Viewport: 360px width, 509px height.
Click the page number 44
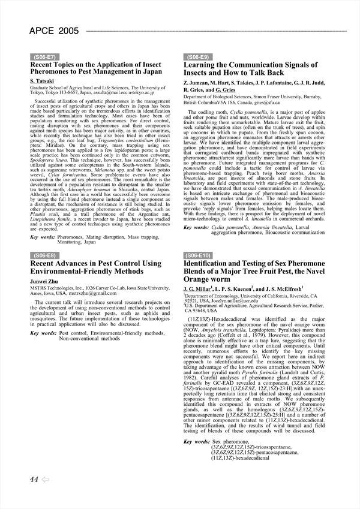click(34, 479)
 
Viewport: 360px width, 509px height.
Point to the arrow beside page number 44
click(46, 479)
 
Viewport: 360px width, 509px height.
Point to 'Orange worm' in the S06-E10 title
click(206, 279)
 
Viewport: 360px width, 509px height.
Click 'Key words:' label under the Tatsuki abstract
click(43, 237)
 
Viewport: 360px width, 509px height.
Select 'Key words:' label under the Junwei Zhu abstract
click(43, 333)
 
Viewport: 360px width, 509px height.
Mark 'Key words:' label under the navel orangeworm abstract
click(196, 442)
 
